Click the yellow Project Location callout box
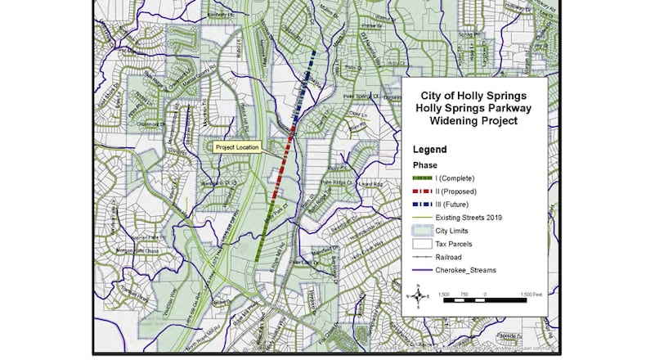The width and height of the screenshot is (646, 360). click(x=236, y=147)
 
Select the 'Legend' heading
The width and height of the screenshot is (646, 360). click(x=429, y=150)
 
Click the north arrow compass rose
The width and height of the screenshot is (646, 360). click(x=419, y=295)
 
